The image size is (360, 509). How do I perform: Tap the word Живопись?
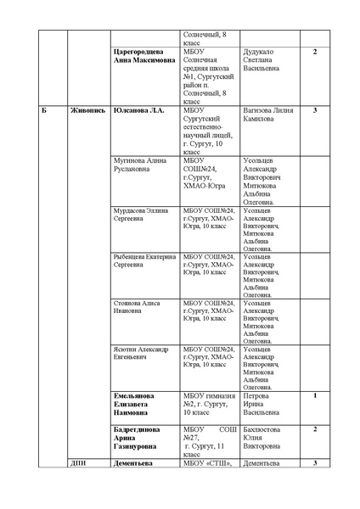[87, 111]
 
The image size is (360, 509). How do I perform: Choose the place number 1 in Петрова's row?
[315, 395]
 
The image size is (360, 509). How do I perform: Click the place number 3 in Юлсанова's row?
[315, 111]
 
